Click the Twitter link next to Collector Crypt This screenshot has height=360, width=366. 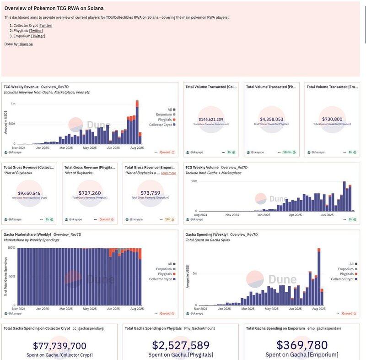coord(45,25)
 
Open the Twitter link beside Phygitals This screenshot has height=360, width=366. coord(36,31)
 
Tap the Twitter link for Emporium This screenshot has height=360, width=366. coord(38,36)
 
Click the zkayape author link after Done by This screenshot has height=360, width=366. coord(26,44)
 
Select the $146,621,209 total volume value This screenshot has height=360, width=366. coord(211,119)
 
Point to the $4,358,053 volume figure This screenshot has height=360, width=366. coord(271,119)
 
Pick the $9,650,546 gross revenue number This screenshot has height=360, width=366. coord(29,193)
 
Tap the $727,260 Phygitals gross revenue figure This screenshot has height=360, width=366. coord(90,193)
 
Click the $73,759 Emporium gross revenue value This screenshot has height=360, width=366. coord(151,193)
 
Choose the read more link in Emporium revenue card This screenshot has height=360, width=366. coord(168,173)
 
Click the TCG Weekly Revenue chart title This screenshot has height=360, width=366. coord(21,87)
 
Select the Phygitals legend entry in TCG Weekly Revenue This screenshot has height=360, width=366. coord(162,120)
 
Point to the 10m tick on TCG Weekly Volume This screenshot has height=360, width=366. coord(194,181)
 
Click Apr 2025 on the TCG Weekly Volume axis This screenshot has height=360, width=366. coord(295,214)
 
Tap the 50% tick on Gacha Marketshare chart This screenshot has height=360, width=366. coord(11,276)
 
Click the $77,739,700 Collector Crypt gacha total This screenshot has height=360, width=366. coord(60,345)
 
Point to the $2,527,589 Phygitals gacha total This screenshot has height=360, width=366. coord(181,345)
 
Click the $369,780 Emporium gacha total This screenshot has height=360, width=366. coord(302,345)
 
